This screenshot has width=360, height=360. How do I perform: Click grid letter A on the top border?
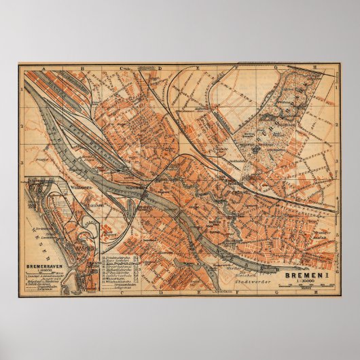(x=43, y=69)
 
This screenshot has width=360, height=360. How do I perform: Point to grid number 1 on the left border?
(x=22, y=89)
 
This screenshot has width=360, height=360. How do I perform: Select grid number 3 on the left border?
(x=22, y=164)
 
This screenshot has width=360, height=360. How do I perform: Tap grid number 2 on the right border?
(x=338, y=126)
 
